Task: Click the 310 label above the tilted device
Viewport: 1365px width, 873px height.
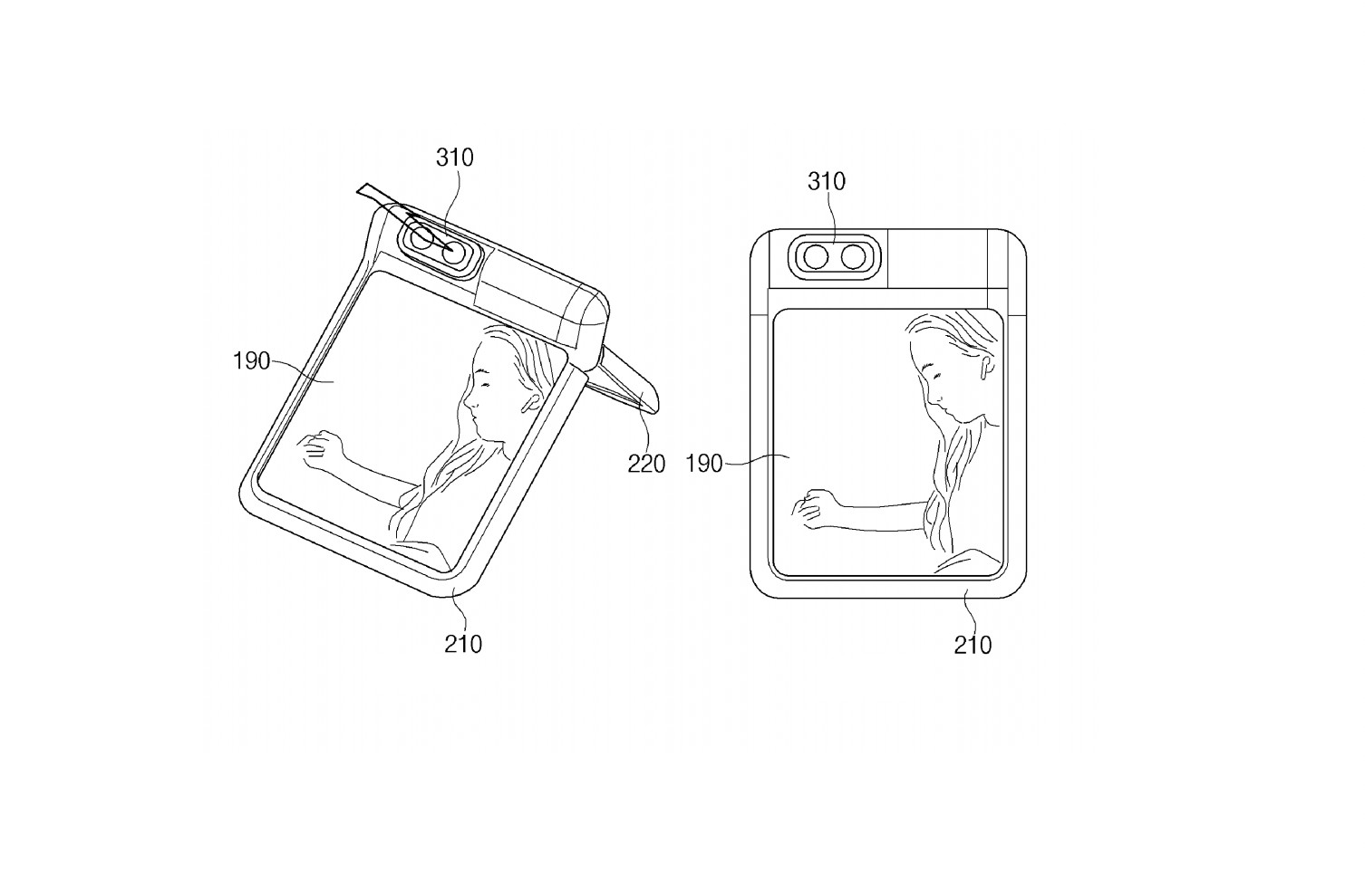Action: point(455,158)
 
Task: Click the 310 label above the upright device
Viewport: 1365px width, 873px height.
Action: point(827,181)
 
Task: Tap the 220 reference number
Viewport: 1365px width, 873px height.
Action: point(646,465)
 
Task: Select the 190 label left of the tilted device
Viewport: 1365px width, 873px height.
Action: point(252,361)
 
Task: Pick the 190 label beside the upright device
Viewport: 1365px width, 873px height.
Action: point(704,464)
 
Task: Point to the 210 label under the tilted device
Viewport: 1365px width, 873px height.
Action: point(463,644)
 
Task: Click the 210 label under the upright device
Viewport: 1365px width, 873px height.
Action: point(973,646)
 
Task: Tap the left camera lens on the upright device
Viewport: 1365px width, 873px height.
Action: point(815,257)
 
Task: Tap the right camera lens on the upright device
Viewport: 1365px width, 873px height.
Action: point(853,257)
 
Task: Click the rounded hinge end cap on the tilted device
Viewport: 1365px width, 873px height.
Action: point(589,321)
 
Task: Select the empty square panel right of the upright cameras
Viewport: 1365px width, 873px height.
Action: point(937,259)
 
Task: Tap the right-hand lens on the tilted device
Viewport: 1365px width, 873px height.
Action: point(453,253)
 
